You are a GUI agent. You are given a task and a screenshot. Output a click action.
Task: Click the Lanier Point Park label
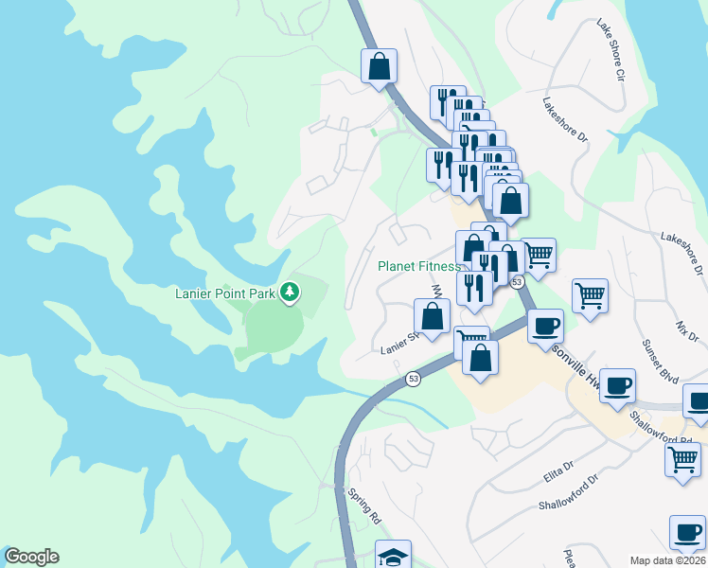pyautogui.click(x=225, y=293)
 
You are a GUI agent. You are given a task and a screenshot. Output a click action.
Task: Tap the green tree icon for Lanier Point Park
pyautogui.click(x=291, y=293)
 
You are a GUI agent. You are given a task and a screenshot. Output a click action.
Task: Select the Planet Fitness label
pyautogui.click(x=418, y=267)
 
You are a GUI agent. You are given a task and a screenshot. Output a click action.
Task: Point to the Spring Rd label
pyautogui.click(x=363, y=506)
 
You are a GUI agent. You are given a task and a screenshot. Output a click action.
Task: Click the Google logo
pyautogui.click(x=30, y=557)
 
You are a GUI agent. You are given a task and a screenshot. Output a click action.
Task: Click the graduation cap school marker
pyautogui.click(x=394, y=556)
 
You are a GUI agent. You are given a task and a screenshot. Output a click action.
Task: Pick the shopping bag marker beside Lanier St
pyautogui.click(x=432, y=317)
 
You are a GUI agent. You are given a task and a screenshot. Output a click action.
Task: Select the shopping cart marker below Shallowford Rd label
pyautogui.click(x=682, y=460)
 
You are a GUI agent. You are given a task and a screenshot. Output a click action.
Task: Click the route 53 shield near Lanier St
pyautogui.click(x=414, y=379)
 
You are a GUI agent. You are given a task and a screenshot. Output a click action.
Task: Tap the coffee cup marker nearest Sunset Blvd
pyautogui.click(x=617, y=386)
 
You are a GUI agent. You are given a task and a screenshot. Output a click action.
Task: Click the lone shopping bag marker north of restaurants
pyautogui.click(x=379, y=67)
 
